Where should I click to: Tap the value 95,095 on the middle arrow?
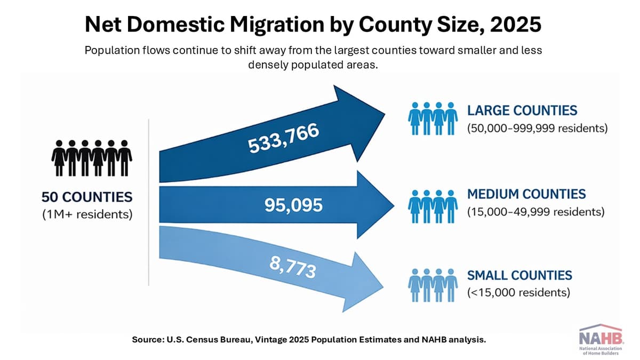pyautogui.click(x=293, y=205)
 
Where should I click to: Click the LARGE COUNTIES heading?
pyautogui.click(x=522, y=111)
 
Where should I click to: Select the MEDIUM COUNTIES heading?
pyautogui.click(x=526, y=194)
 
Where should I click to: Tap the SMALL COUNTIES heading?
pyautogui.click(x=519, y=275)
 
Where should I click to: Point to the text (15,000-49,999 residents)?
pyautogui.click(x=535, y=212)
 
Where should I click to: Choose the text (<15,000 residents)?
pyautogui.click(x=518, y=293)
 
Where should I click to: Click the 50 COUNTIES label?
pyautogui.click(x=87, y=197)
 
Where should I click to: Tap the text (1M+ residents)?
pyautogui.click(x=87, y=215)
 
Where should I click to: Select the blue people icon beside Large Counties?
pyautogui.click(x=433, y=118)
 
